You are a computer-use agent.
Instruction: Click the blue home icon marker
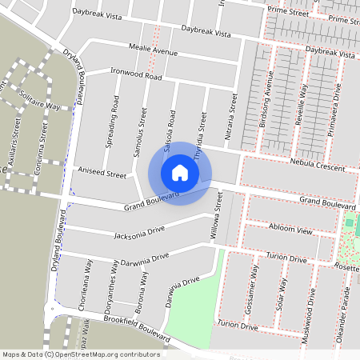click(180, 172)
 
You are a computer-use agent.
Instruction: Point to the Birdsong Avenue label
click(269, 105)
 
